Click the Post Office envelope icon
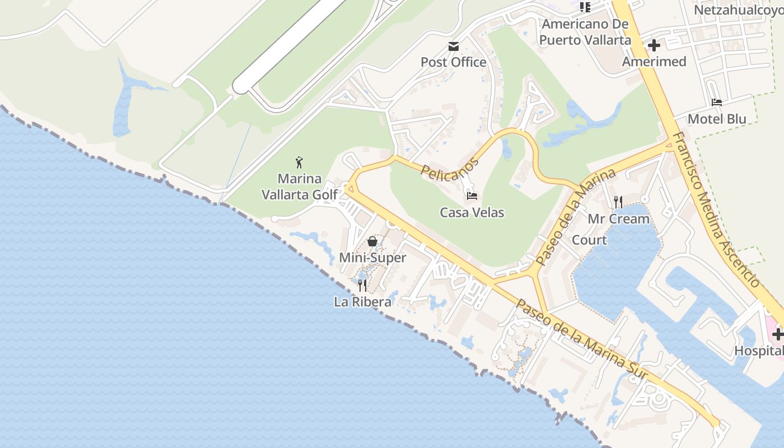tap(453, 46)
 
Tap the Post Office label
tap(453, 62)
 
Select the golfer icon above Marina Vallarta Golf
tap(300, 163)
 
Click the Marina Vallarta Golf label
tap(300, 186)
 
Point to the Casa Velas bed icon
tap(472, 196)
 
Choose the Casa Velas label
tap(472, 213)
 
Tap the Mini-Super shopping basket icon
tap(372, 242)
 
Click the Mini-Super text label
tap(372, 258)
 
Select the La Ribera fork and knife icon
tap(362, 286)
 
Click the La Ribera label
tap(362, 302)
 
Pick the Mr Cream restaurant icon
tap(618, 202)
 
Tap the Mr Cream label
tap(618, 219)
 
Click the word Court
tap(589, 240)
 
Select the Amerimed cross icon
tap(654, 45)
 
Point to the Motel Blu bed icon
tap(717, 102)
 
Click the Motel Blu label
tap(717, 119)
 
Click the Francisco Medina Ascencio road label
tap(715, 209)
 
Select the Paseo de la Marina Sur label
tap(581, 339)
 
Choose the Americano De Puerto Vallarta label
tap(585, 32)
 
